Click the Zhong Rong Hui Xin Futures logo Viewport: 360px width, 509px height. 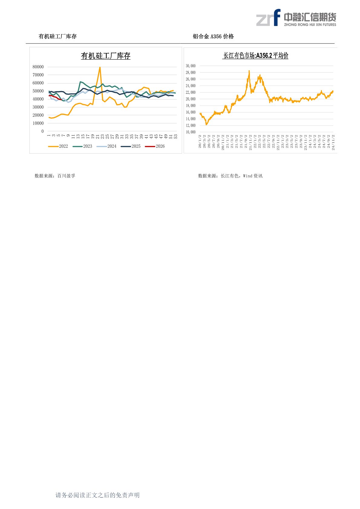click(x=296, y=18)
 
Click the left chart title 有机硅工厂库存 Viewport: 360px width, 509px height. click(x=106, y=56)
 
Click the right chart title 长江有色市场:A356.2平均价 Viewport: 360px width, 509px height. click(x=255, y=56)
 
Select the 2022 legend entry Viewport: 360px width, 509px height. click(x=58, y=146)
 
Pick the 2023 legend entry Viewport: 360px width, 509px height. click(x=83, y=146)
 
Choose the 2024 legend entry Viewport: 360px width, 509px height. click(x=107, y=146)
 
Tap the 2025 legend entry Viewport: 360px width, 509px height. click(x=131, y=146)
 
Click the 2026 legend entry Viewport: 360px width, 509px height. click(x=155, y=146)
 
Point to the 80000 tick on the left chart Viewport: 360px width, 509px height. click(x=38, y=67)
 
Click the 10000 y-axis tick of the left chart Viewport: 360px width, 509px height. click(x=38, y=123)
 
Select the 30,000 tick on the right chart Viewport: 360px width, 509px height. click(x=191, y=66)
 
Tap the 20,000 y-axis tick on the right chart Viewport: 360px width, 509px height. click(x=191, y=99)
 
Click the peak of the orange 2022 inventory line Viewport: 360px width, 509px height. click(x=100, y=67)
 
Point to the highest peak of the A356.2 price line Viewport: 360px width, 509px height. click(x=249, y=71)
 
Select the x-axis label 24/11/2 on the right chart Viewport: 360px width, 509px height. click(x=333, y=142)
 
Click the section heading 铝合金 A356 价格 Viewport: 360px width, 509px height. click(x=213, y=37)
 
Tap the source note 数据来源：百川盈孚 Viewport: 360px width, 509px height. click(x=55, y=176)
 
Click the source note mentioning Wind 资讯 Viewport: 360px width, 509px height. click(x=230, y=176)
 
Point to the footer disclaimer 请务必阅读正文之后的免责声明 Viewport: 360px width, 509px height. click(x=97, y=495)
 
